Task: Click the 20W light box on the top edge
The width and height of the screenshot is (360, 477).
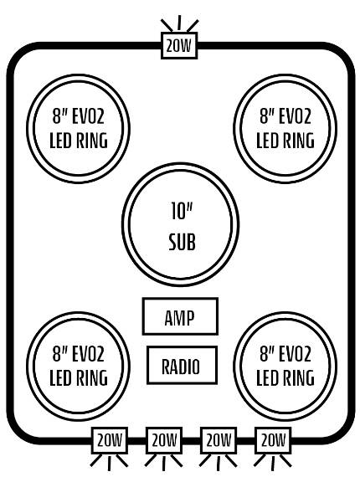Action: coord(179,46)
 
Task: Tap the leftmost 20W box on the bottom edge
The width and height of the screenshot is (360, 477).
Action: coord(110,440)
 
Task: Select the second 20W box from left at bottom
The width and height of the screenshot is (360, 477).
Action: coord(164,440)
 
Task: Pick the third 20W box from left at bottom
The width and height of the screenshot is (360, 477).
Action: coord(219,440)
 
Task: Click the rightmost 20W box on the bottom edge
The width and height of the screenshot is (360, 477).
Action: coord(273,440)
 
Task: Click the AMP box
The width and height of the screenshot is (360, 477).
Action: coord(180,316)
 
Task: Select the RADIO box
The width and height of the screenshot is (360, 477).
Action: coord(182,365)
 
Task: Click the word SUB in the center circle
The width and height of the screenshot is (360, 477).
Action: coord(182,242)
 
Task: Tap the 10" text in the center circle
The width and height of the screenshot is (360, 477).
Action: coord(182,211)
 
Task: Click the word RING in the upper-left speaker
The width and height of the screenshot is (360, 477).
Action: coord(90,141)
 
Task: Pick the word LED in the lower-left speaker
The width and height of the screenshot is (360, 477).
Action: coord(59,377)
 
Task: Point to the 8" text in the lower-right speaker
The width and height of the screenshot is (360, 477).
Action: coord(267,353)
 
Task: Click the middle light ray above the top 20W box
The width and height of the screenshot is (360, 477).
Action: coord(179,23)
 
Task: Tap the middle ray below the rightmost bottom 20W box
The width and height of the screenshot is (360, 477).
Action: coord(273,464)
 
